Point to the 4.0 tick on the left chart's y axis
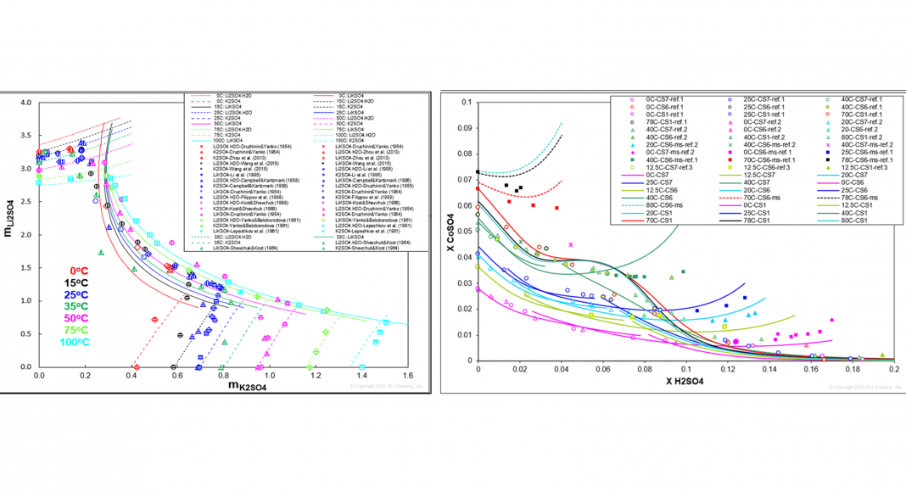26,103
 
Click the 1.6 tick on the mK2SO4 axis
408,375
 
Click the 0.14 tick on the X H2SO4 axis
769,370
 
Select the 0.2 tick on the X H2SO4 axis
893,370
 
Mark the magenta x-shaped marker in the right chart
571,244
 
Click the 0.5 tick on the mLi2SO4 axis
26,334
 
